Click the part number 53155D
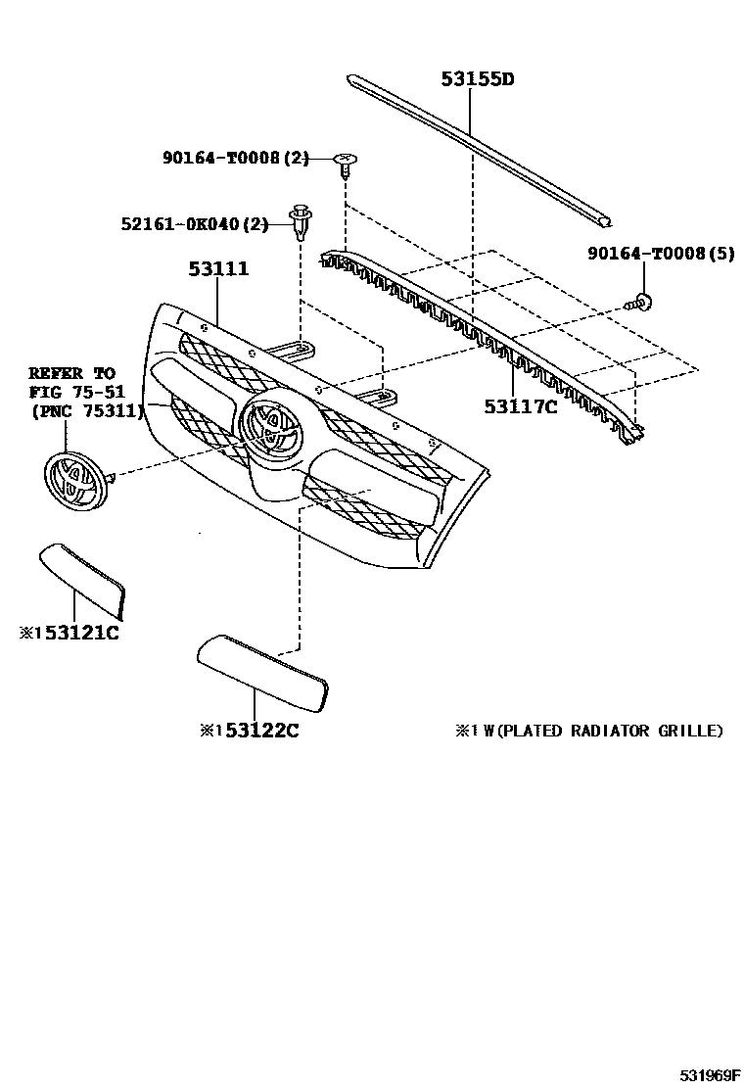(477, 78)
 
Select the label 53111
(218, 268)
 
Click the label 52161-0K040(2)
(194, 224)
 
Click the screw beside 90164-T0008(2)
(345, 164)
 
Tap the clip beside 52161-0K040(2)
(300, 222)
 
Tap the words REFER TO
(71, 373)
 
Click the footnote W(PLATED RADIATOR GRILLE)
(604, 731)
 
